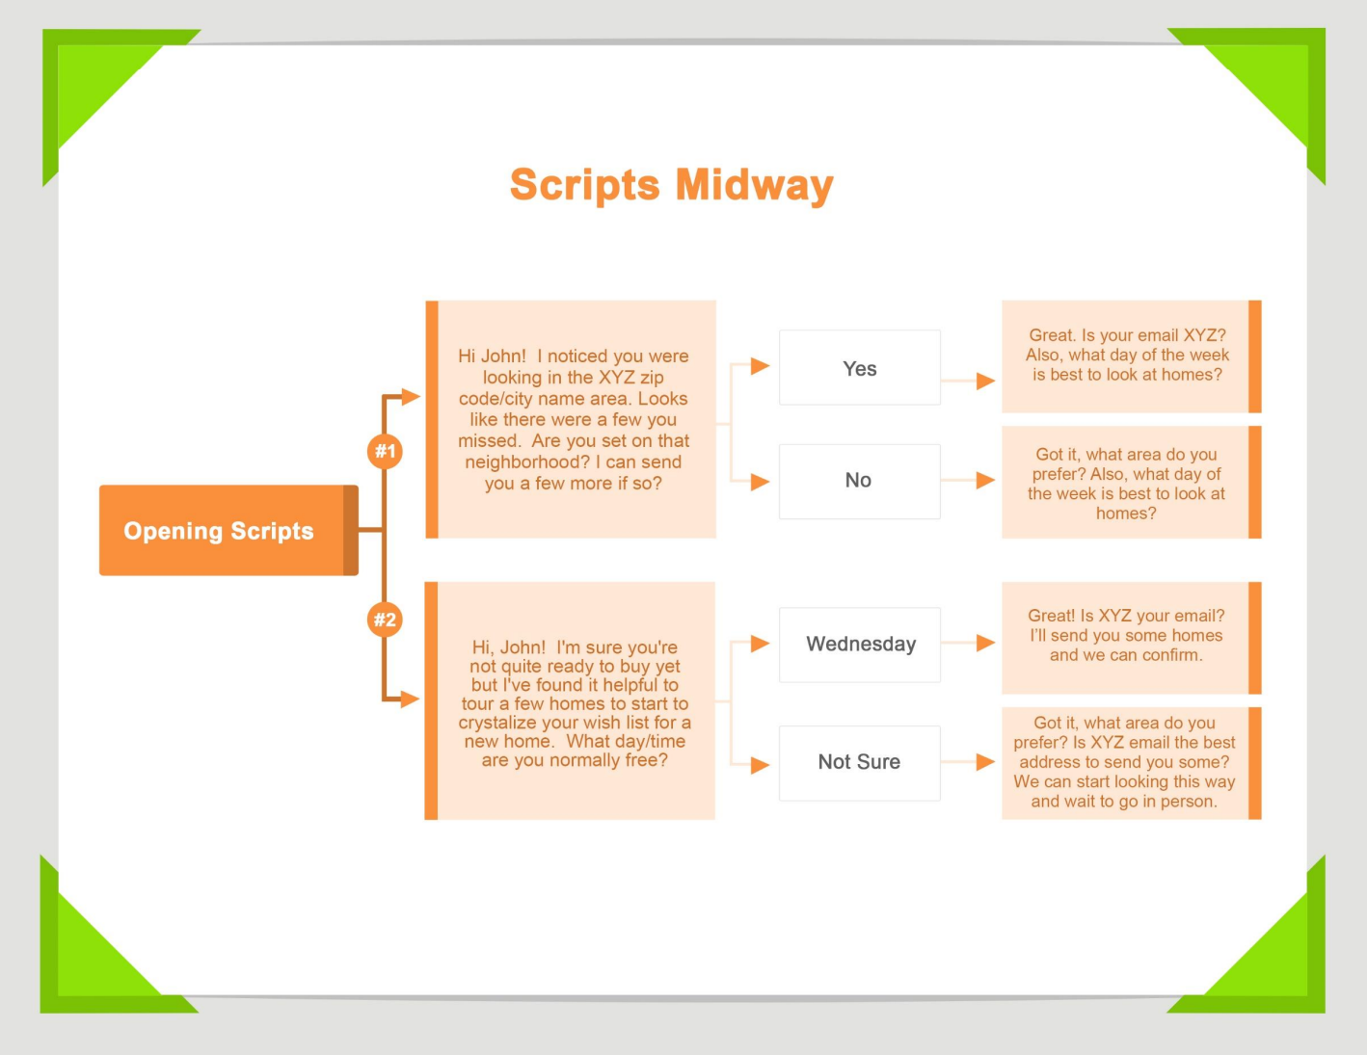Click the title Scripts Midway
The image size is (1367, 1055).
coord(671,185)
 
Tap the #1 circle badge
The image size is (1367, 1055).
coord(385,451)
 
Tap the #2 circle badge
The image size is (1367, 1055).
coord(385,620)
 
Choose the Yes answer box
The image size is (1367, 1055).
coord(859,368)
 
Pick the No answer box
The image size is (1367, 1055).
coord(859,481)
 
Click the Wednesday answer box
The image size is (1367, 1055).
coord(859,645)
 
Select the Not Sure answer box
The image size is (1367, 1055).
coord(859,762)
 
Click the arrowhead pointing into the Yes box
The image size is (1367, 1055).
coord(761,366)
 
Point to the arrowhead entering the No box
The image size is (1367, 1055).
coord(761,482)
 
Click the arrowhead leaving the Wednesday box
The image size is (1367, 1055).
coord(985,643)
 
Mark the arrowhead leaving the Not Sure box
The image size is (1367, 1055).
coord(985,762)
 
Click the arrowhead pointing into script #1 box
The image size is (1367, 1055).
coord(411,396)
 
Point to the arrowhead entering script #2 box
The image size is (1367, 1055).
coord(411,699)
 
